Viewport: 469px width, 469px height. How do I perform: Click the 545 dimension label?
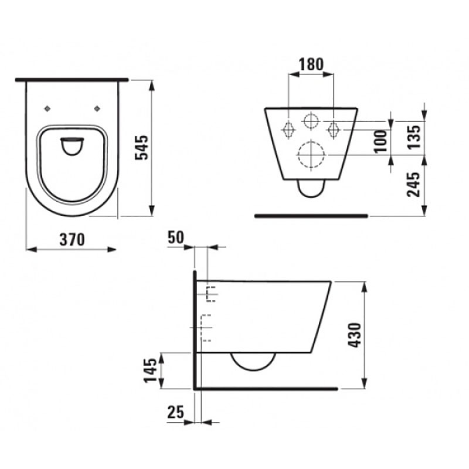coord(142,148)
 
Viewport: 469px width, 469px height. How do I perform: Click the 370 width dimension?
coord(72,240)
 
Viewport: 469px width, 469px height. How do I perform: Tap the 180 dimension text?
coord(311,64)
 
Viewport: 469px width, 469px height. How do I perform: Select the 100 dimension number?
coord(381,141)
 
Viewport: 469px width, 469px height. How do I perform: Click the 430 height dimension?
coord(355,335)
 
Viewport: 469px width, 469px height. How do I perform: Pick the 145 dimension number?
coord(151,371)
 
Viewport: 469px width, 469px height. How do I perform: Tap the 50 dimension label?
coord(175,238)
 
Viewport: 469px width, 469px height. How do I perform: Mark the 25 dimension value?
coord(175,413)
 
